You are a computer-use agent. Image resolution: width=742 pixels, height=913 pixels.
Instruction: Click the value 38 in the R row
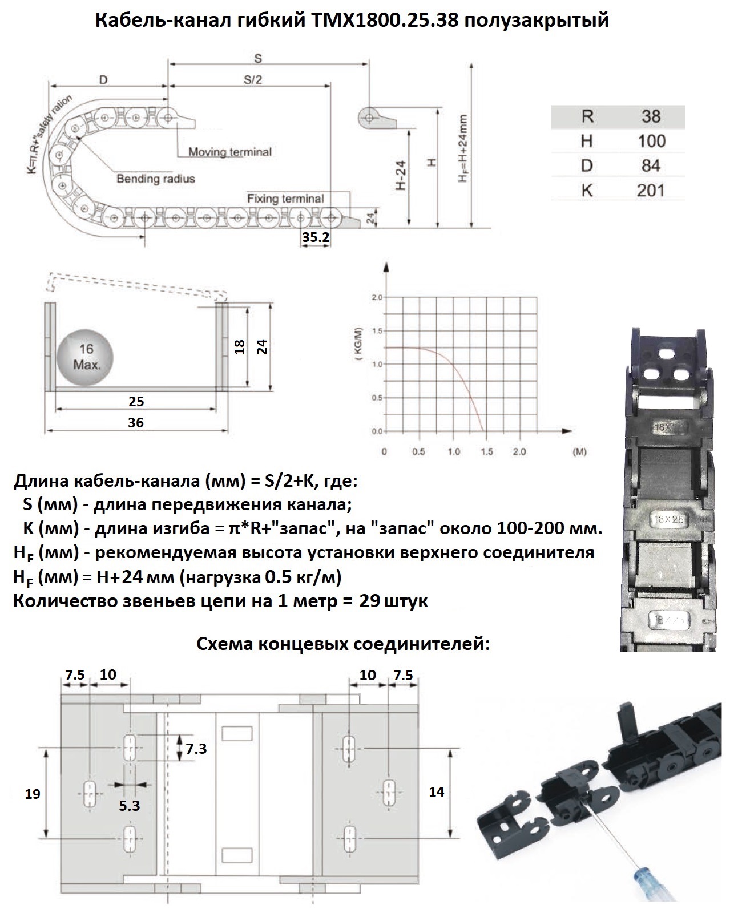pyautogui.click(x=650, y=116)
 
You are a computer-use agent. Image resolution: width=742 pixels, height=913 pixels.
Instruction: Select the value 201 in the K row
pyautogui.click(x=650, y=190)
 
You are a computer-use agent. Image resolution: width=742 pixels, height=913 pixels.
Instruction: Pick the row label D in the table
pyautogui.click(x=587, y=165)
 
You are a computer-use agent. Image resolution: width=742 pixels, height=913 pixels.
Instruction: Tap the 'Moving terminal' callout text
pyautogui.click(x=229, y=152)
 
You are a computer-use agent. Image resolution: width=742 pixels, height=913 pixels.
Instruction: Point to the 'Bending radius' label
pyautogui.click(x=155, y=179)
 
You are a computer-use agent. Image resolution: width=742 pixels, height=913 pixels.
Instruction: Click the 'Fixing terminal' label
pyautogui.click(x=285, y=199)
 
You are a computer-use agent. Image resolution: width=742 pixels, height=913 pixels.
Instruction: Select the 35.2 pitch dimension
pyautogui.click(x=316, y=237)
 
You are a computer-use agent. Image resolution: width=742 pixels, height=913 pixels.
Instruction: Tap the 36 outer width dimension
pyautogui.click(x=136, y=422)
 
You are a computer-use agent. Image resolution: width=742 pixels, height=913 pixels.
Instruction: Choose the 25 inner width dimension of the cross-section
pyautogui.click(x=136, y=401)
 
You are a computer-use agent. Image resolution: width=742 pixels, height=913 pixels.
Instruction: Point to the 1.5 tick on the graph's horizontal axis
pyautogui.click(x=486, y=451)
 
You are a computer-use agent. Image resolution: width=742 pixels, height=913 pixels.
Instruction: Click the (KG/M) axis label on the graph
pyautogui.click(x=358, y=346)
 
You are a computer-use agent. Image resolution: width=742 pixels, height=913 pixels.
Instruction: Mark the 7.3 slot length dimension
pyautogui.click(x=196, y=748)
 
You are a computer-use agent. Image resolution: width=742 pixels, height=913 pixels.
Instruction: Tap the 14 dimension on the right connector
pyautogui.click(x=436, y=791)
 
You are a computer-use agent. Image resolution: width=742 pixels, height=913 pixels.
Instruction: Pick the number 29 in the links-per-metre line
pyautogui.click(x=370, y=601)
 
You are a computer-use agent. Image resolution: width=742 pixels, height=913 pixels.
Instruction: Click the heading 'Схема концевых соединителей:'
pyautogui.click(x=343, y=644)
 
